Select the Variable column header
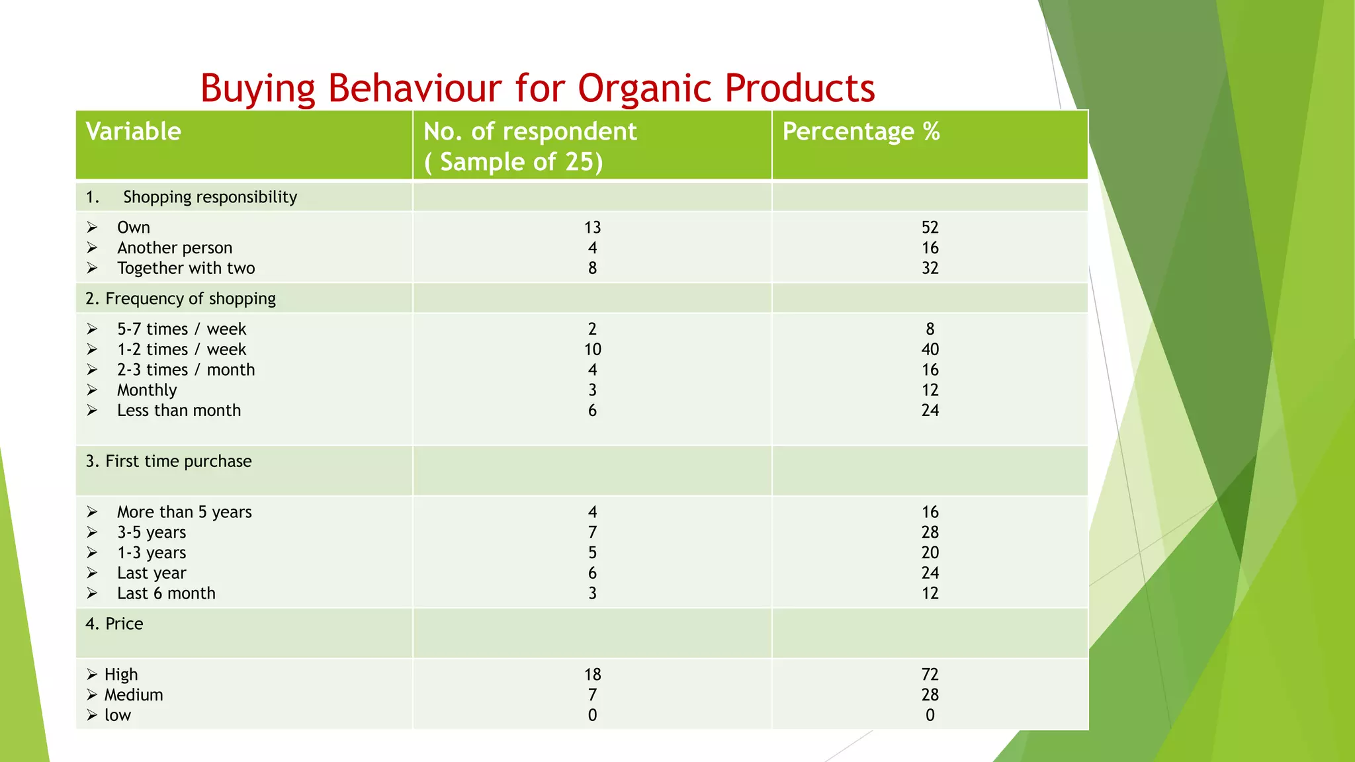(133, 132)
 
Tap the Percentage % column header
(861, 132)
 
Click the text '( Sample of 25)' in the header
(513, 162)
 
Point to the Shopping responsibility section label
(210, 197)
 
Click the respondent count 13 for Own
(592, 228)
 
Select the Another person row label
(175, 248)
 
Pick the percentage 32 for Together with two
(930, 268)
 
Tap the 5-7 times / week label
(181, 329)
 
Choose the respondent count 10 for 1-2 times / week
(592, 349)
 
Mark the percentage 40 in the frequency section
(930, 349)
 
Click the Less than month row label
(179, 411)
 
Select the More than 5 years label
(184, 512)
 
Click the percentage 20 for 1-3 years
(930, 552)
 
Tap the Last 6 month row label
(166, 593)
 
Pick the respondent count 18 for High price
(592, 675)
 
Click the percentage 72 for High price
(930, 675)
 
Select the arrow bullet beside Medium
(92, 695)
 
